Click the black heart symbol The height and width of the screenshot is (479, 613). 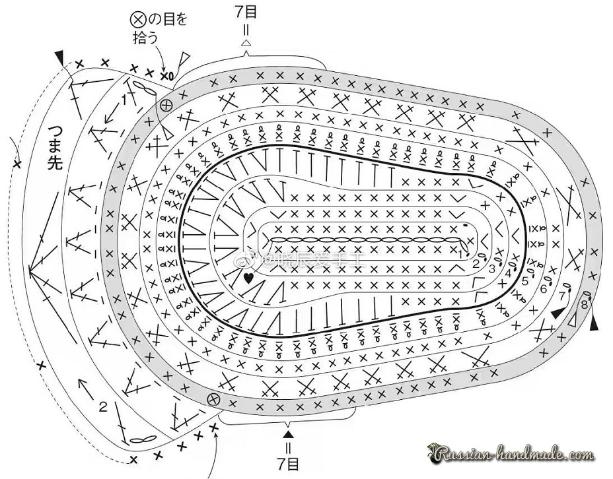tap(248, 278)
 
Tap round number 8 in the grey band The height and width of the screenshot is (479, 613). tap(585, 305)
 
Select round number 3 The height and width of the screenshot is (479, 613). tap(491, 268)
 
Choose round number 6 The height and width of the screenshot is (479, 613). tap(544, 288)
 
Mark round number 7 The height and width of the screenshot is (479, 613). tap(562, 294)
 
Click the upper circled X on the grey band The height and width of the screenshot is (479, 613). tap(166, 105)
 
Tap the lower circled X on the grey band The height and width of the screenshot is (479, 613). tap(213, 398)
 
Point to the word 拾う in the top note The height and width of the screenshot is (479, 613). tap(146, 38)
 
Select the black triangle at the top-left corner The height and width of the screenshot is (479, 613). tap(61, 57)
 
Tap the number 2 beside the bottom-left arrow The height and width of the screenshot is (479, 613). tap(102, 406)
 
